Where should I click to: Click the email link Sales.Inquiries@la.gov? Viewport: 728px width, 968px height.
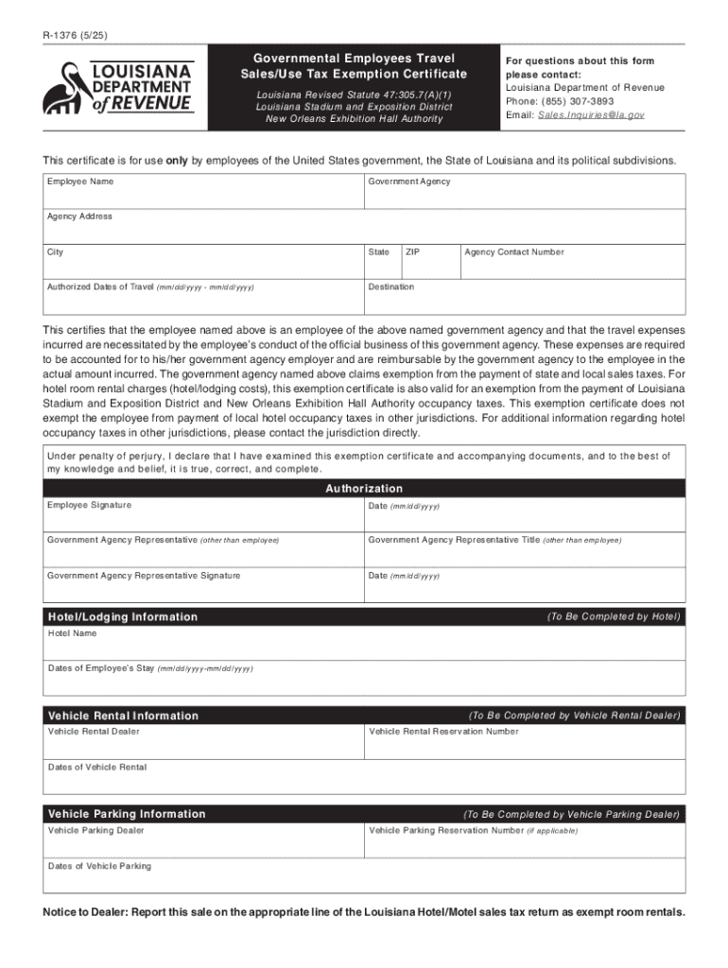(x=591, y=114)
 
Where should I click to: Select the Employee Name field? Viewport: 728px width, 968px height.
(x=203, y=193)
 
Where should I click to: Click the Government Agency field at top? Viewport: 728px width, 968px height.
(x=524, y=193)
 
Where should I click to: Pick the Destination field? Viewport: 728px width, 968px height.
(x=524, y=299)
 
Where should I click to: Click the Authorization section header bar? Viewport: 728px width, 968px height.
(x=364, y=489)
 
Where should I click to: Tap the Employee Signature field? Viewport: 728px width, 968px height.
(x=203, y=516)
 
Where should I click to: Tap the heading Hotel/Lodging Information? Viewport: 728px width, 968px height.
(x=123, y=617)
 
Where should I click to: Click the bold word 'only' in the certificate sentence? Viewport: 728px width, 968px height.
(x=177, y=161)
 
